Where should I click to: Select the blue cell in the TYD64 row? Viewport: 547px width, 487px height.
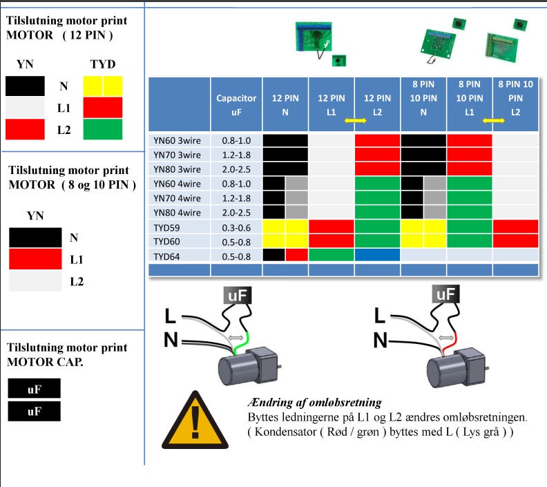(x=378, y=254)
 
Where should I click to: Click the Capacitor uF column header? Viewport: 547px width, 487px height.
(x=236, y=105)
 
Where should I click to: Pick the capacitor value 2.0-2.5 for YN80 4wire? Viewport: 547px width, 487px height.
(x=236, y=212)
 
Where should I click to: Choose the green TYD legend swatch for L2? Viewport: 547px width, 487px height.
(x=102, y=129)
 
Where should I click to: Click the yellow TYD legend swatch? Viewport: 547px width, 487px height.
(x=102, y=86)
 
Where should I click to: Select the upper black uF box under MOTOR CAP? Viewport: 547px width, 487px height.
(x=34, y=389)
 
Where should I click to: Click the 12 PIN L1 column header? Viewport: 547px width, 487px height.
(x=332, y=105)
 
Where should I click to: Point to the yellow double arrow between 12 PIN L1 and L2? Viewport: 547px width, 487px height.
(x=355, y=120)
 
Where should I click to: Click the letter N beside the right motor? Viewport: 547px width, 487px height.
(x=381, y=340)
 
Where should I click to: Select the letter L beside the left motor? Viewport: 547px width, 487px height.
(x=171, y=317)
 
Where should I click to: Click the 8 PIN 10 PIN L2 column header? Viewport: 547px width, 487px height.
(x=515, y=98)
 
